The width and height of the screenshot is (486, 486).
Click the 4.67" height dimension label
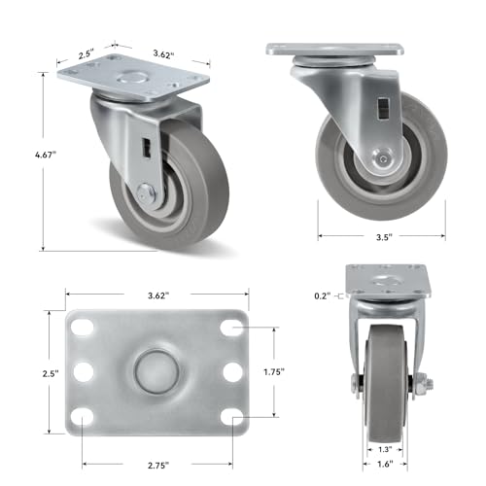pyautogui.click(x=46, y=155)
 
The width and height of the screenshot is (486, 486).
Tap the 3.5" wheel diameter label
pyautogui.click(x=384, y=237)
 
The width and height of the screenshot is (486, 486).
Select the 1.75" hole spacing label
pyautogui.click(x=274, y=372)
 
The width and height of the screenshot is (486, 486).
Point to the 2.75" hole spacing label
pyautogui.click(x=158, y=466)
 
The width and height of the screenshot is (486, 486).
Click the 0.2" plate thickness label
pyautogui.click(x=323, y=295)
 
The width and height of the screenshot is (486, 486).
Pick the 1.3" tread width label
pyautogui.click(x=385, y=449)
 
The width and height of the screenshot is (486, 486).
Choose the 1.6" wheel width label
pyautogui.click(x=385, y=464)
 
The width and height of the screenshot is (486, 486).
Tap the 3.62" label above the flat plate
pyautogui.click(x=158, y=295)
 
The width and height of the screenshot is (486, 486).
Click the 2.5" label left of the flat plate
pyautogui.click(x=51, y=373)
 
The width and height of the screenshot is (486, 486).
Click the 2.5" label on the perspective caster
pyautogui.click(x=87, y=53)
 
